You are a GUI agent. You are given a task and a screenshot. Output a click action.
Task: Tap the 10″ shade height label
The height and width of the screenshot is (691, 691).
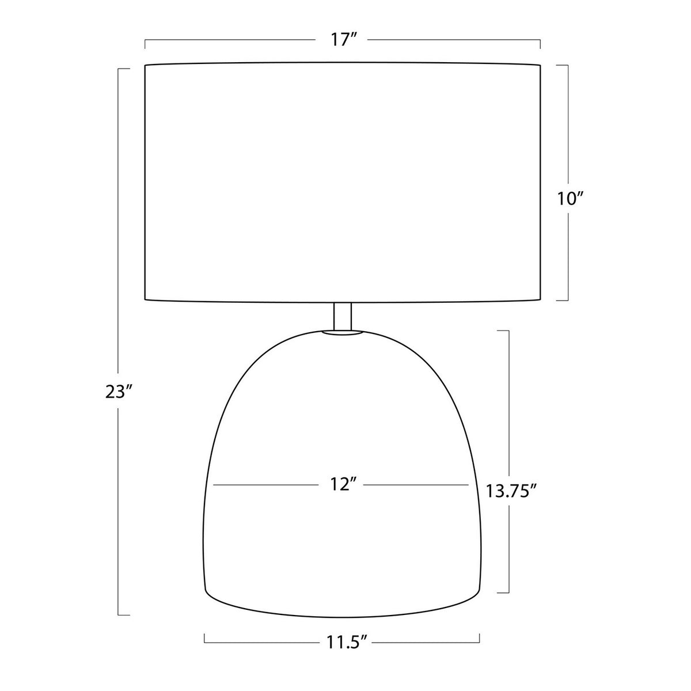pos(570,198)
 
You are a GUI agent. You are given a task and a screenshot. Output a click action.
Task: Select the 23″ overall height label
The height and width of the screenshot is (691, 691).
pos(119,392)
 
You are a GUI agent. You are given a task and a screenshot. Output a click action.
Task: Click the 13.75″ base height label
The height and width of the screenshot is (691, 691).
pos(511,491)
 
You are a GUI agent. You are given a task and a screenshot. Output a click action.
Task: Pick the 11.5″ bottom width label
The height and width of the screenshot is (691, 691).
pos(347,642)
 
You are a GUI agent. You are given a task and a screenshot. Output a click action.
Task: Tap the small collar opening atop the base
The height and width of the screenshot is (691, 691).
pos(343,333)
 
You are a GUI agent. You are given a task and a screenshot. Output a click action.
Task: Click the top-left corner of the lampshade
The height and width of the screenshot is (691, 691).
pos(145,65)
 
